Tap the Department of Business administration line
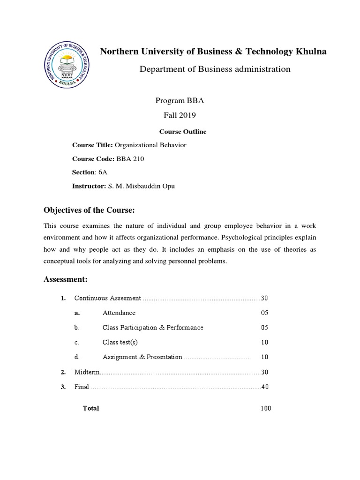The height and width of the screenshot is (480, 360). (215, 69)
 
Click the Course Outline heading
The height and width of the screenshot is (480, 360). (183, 132)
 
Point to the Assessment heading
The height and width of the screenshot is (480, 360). (66, 280)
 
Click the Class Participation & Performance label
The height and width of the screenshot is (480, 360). (153, 328)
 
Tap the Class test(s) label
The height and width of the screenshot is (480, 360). (120, 342)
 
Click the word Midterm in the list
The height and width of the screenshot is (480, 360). (87, 372)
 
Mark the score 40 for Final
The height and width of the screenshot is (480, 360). (265, 387)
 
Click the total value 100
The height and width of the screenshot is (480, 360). (266, 408)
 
